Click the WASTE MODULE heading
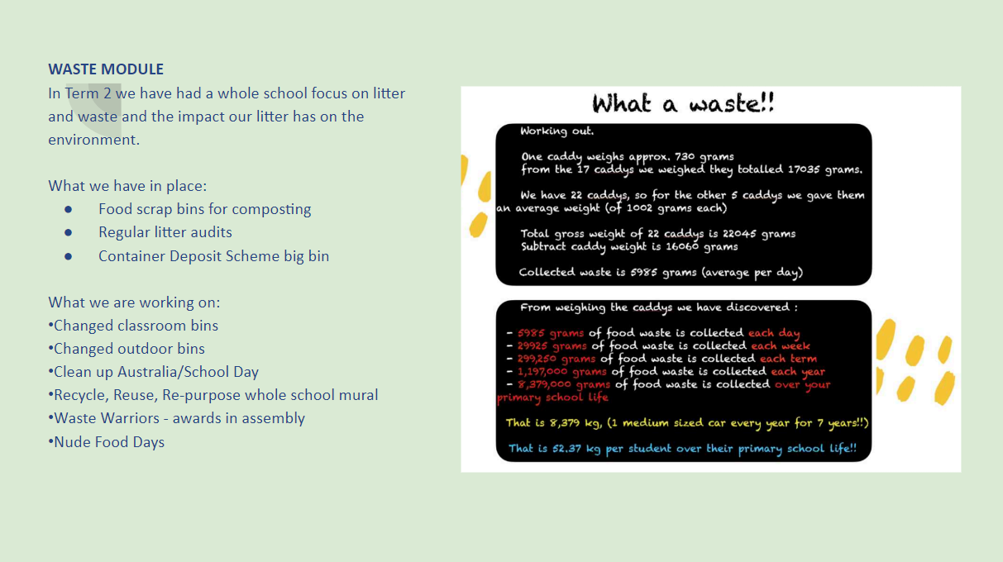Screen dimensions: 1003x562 pyautogui.click(x=106, y=69)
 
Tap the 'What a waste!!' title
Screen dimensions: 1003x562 pyautogui.click(x=683, y=103)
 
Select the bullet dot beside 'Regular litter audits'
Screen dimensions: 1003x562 pyautogui.click(x=68, y=232)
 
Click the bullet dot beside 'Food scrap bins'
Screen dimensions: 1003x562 pyautogui.click(x=68, y=209)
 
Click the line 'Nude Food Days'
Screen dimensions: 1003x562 pyautogui.click(x=107, y=442)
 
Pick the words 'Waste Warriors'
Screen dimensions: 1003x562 pyautogui.click(x=107, y=418)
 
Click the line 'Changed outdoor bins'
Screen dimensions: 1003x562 pyautogui.click(x=127, y=349)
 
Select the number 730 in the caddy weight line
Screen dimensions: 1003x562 pyautogui.click(x=685, y=156)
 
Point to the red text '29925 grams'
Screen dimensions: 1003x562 pyautogui.click(x=552, y=346)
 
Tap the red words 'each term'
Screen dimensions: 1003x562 pyautogui.click(x=789, y=359)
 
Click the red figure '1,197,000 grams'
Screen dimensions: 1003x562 pyautogui.click(x=562, y=371)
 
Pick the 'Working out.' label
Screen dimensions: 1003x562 pyautogui.click(x=557, y=131)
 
